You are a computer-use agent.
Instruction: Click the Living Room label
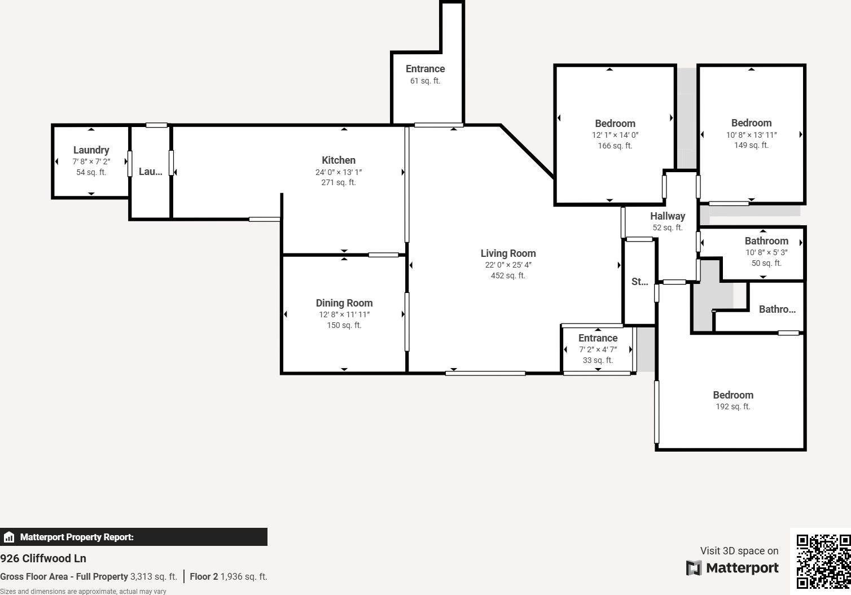click(508, 253)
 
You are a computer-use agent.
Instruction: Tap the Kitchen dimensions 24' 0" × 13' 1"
click(339, 172)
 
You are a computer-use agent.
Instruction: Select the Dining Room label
click(344, 303)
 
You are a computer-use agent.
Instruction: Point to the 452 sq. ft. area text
click(508, 275)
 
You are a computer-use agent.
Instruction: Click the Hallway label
click(667, 216)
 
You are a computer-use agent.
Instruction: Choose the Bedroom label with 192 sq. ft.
click(732, 395)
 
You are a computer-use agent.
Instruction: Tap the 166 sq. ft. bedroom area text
click(615, 146)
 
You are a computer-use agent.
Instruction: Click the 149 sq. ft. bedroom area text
click(751, 145)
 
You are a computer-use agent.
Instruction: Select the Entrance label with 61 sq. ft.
click(425, 69)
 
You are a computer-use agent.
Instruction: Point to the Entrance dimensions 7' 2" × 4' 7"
click(598, 349)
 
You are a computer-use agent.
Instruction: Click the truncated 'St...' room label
click(639, 282)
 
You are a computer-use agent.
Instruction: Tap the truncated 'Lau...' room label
click(150, 172)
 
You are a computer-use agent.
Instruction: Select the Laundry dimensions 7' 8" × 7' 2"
click(91, 161)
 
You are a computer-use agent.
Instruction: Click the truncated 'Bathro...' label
click(777, 309)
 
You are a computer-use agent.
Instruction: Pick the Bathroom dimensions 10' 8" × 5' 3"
click(766, 252)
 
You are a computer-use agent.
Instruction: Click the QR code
click(823, 561)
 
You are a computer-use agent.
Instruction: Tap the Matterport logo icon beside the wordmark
click(694, 568)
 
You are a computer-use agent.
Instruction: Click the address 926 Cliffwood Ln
click(43, 558)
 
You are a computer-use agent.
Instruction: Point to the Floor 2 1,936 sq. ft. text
click(228, 576)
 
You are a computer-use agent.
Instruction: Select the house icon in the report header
click(9, 537)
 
